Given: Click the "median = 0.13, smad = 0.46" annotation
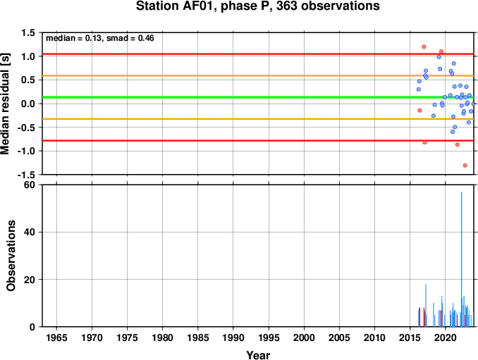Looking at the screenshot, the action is [100, 38].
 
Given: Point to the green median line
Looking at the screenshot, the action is [258, 97].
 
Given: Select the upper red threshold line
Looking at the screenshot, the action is [258, 54].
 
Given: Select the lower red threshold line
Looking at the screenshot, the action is [258, 140].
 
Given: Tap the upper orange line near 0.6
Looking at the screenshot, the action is [258, 75].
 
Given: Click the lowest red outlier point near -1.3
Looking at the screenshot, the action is [465, 166].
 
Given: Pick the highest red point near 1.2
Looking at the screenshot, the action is [424, 46].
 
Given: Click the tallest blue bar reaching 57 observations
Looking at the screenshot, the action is [461, 259].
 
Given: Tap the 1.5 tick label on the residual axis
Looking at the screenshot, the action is [28, 32].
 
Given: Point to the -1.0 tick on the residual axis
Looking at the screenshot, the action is [26, 151].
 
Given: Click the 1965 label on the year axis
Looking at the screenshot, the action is [56, 337].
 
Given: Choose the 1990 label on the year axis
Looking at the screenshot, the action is [233, 337].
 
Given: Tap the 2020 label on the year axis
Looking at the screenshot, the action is [446, 337].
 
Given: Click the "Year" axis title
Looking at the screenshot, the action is [258, 355].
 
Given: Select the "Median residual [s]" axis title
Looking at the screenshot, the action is [6, 104].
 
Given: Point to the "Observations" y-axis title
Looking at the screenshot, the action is [11, 256].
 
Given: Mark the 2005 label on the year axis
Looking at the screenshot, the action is [339, 337].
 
